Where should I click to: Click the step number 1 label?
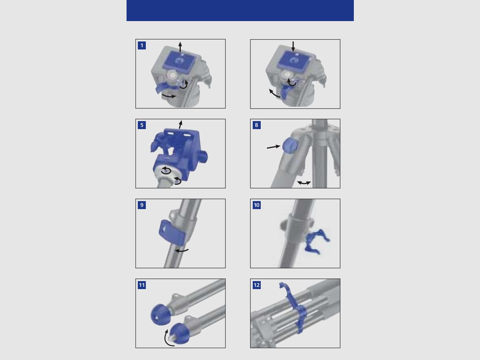point(142,45)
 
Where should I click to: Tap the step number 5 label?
point(142,125)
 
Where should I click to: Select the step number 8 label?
point(256,125)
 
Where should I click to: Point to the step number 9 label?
point(142,205)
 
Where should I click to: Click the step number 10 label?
point(257,205)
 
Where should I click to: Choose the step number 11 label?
point(142,285)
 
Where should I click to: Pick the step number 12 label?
point(257,285)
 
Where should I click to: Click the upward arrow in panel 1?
point(180,47)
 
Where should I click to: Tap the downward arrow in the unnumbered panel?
point(293,46)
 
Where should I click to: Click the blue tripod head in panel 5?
point(178,149)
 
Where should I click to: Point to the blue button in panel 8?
point(290,145)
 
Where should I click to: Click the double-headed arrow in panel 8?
point(304,183)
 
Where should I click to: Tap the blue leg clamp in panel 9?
point(172,235)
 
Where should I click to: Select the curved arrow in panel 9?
point(181,250)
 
